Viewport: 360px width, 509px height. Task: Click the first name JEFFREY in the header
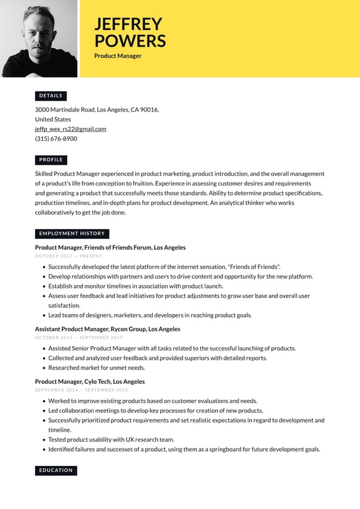[128, 24]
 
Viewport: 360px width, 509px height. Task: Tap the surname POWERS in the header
[130, 41]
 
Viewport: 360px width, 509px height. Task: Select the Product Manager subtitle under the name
[118, 56]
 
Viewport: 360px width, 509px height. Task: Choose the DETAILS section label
[51, 96]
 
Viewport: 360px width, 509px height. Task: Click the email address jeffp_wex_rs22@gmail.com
[70, 129]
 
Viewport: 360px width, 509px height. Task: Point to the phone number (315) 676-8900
[56, 139]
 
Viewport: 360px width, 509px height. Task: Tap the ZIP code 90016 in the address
[149, 110]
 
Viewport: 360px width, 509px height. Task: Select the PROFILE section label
[51, 160]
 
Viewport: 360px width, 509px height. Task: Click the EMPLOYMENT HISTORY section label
[72, 234]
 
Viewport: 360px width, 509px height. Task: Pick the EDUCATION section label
[56, 470]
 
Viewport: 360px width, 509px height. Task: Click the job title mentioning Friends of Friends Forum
[110, 247]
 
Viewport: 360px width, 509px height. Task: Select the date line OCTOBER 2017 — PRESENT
[68, 256]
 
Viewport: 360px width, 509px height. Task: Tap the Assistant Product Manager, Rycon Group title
[107, 329]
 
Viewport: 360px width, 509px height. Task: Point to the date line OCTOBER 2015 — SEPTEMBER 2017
[79, 337]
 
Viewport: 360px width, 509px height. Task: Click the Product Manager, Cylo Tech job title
[90, 381]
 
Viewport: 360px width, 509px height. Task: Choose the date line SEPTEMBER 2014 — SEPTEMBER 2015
[81, 390]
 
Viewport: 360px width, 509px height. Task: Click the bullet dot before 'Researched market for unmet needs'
[44, 368]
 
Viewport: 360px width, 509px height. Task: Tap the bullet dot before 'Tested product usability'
[44, 440]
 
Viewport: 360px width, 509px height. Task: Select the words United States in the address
[53, 119]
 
